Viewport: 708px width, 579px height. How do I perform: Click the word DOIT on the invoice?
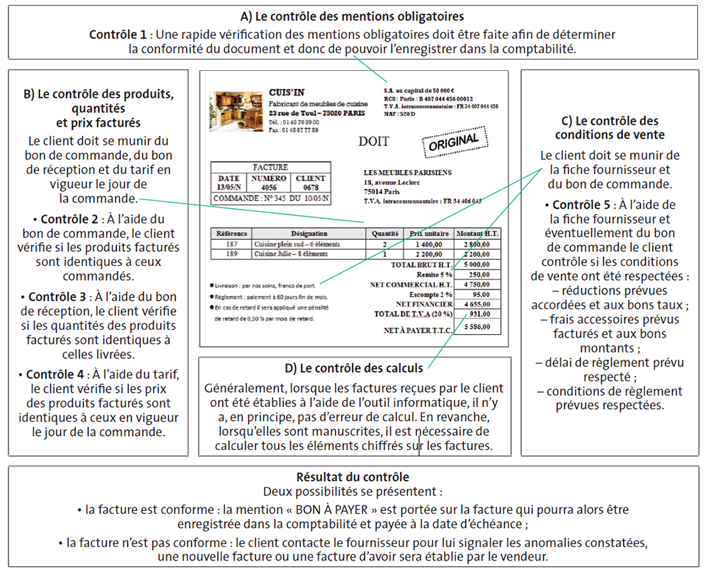coord(373,141)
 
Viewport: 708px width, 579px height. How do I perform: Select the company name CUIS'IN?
coord(287,93)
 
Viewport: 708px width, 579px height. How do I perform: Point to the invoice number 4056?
coord(268,188)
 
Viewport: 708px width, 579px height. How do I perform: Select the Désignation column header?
coord(309,233)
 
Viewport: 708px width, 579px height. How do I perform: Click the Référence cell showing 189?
coord(232,253)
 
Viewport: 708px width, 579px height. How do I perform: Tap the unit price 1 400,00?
coord(430,244)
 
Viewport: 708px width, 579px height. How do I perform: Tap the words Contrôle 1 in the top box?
coord(118,34)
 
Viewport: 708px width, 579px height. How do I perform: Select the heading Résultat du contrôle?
coord(353,477)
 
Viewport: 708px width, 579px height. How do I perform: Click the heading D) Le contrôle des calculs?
coord(354,368)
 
